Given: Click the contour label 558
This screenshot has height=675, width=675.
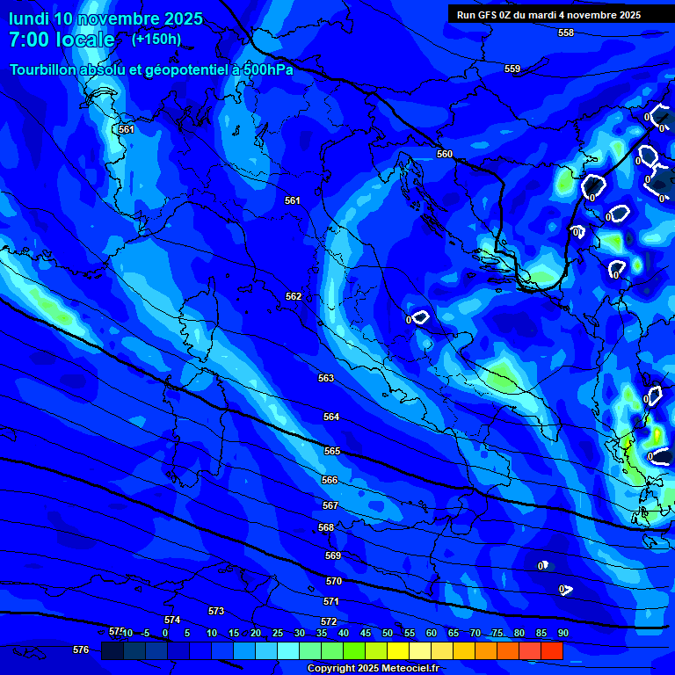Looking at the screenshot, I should (566, 33).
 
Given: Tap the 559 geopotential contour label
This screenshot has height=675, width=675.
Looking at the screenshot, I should (512, 69).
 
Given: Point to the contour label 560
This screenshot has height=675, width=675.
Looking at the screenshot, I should (445, 154).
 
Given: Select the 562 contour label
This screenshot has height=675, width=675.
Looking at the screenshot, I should (294, 296).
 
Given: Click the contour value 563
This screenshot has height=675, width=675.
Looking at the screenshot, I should (326, 378).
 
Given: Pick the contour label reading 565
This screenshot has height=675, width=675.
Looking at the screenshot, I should (331, 451).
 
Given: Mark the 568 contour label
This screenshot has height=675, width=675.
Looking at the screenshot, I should (326, 527).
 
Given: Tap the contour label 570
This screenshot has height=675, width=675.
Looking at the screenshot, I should (334, 581).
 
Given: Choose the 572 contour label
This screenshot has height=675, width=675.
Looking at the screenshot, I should (329, 621).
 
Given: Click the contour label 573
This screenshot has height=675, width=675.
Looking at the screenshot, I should (216, 611).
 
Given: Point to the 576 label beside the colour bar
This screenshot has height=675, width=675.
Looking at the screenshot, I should (81, 650).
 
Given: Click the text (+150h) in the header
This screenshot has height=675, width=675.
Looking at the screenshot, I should (156, 39).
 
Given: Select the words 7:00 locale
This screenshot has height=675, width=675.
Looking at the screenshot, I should (62, 40).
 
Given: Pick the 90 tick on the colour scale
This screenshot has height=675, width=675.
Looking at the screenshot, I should (562, 633).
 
